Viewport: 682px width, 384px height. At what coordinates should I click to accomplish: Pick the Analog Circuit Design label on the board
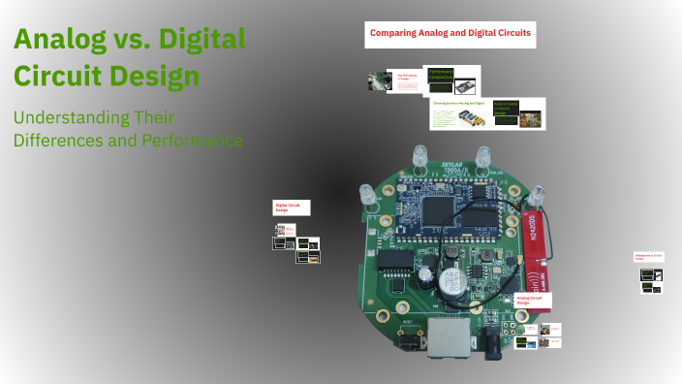[x=532, y=303]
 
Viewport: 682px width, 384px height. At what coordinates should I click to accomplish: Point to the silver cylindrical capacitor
[x=448, y=281]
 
